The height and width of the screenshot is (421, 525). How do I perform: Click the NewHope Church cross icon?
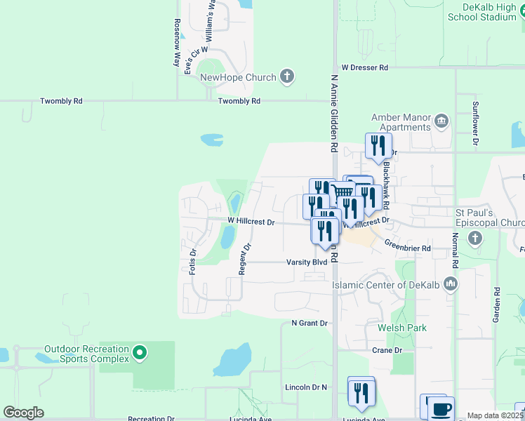[x=286, y=77]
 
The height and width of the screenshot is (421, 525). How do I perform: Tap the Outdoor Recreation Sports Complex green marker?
[x=140, y=354]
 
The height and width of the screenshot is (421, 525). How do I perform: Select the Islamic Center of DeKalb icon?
[x=451, y=285]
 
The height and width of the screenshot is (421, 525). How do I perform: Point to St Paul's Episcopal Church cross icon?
[x=474, y=239]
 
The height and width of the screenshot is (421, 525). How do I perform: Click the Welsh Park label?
[x=402, y=328]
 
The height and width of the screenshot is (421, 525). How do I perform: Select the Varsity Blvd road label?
[x=307, y=262]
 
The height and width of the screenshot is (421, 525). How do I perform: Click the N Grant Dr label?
[x=310, y=323]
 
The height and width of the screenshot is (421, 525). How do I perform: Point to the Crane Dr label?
[x=387, y=350]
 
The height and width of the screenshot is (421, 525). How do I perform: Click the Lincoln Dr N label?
[x=306, y=387]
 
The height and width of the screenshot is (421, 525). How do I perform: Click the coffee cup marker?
[x=440, y=410]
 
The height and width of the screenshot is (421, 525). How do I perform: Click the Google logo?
[x=24, y=412]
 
